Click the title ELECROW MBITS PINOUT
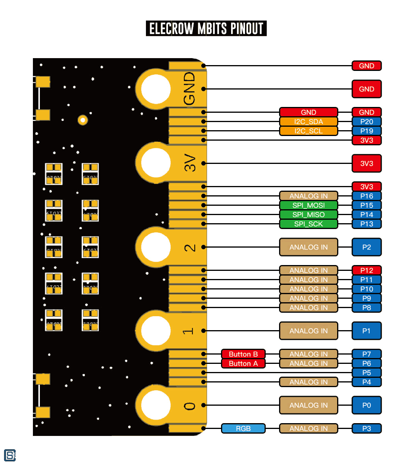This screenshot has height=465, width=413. pos(206,28)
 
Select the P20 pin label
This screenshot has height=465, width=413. pos(366,122)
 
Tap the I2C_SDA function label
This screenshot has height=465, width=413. pos(308,122)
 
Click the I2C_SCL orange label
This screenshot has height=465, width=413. pos(308,131)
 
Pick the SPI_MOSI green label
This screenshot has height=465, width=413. pos(308,205)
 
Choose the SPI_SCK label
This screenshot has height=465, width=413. pos(308,224)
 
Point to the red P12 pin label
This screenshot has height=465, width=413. pos(366,270)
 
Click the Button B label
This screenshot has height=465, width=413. pos(243,354)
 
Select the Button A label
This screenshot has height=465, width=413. pos(243,363)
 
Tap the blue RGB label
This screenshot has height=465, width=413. pos(243,429)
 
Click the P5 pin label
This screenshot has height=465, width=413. pos(366,373)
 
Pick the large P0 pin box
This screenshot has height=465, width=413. pos(366,405)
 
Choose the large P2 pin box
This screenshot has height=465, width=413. pos(366,247)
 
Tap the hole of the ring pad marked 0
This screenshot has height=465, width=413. pos(156,405)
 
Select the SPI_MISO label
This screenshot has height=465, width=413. pos(308,215)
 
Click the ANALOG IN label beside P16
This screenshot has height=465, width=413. pos(308,196)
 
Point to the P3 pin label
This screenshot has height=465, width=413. pos(366,429)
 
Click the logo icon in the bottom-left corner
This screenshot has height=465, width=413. pos(10,455)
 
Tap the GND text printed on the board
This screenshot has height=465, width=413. pos(189,88)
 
